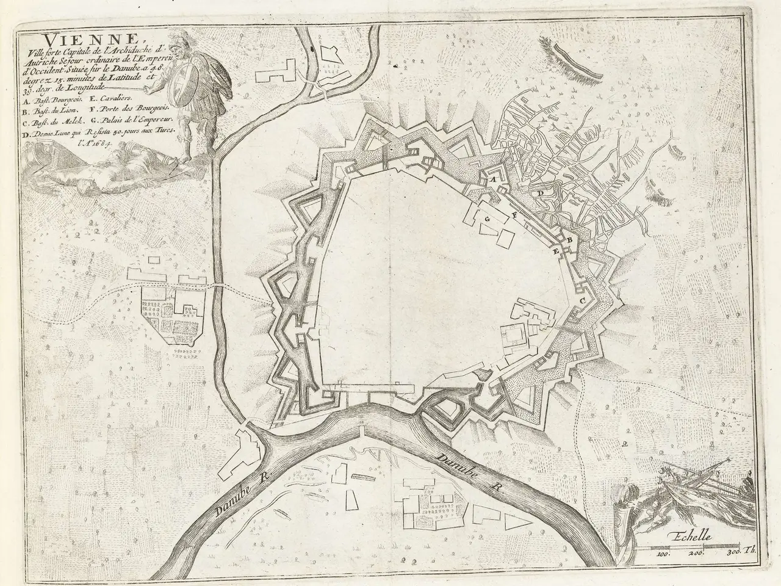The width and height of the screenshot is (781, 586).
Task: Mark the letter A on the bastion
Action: [488, 180]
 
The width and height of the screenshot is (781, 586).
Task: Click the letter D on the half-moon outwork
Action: [539, 194]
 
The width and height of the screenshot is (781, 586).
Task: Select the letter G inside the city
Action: [487, 218]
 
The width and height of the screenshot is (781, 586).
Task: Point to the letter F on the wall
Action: [516, 215]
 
